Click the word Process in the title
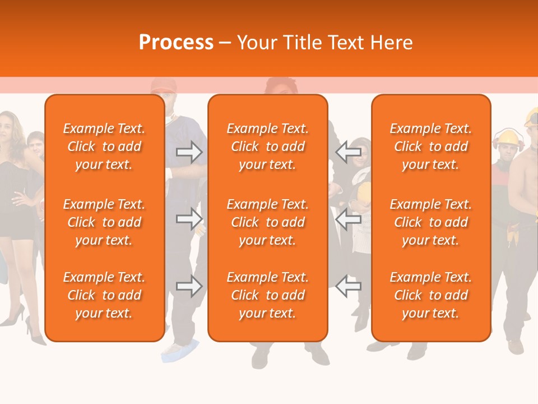[176, 43]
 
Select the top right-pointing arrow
[189, 152]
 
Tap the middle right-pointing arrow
[189, 218]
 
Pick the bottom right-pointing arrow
[189, 286]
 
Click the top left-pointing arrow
[348, 152]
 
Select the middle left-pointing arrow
[348, 218]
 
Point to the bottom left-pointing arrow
[348, 286]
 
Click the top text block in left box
[104, 146]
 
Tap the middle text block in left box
[104, 222]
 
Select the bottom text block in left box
[104, 295]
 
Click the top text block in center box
[267, 146]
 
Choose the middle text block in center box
[267, 222]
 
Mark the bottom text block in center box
[267, 295]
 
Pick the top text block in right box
[430, 146]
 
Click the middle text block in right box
[430, 222]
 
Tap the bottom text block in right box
[430, 295]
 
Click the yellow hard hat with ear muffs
[508, 137]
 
